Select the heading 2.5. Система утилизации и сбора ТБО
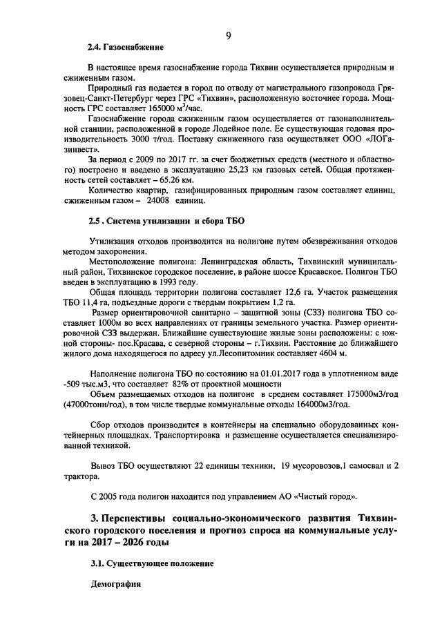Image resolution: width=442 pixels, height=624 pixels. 166,221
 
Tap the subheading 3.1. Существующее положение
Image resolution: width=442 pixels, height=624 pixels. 151,563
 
